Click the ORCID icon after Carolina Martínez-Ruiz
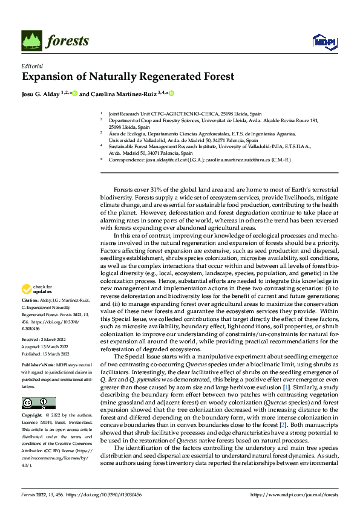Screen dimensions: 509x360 tap(171, 94)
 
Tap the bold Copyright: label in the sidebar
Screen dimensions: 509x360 tap(33, 416)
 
